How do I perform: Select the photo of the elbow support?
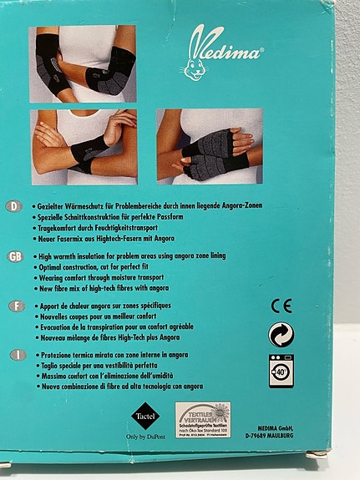(83, 63)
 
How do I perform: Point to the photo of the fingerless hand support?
(208, 145)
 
